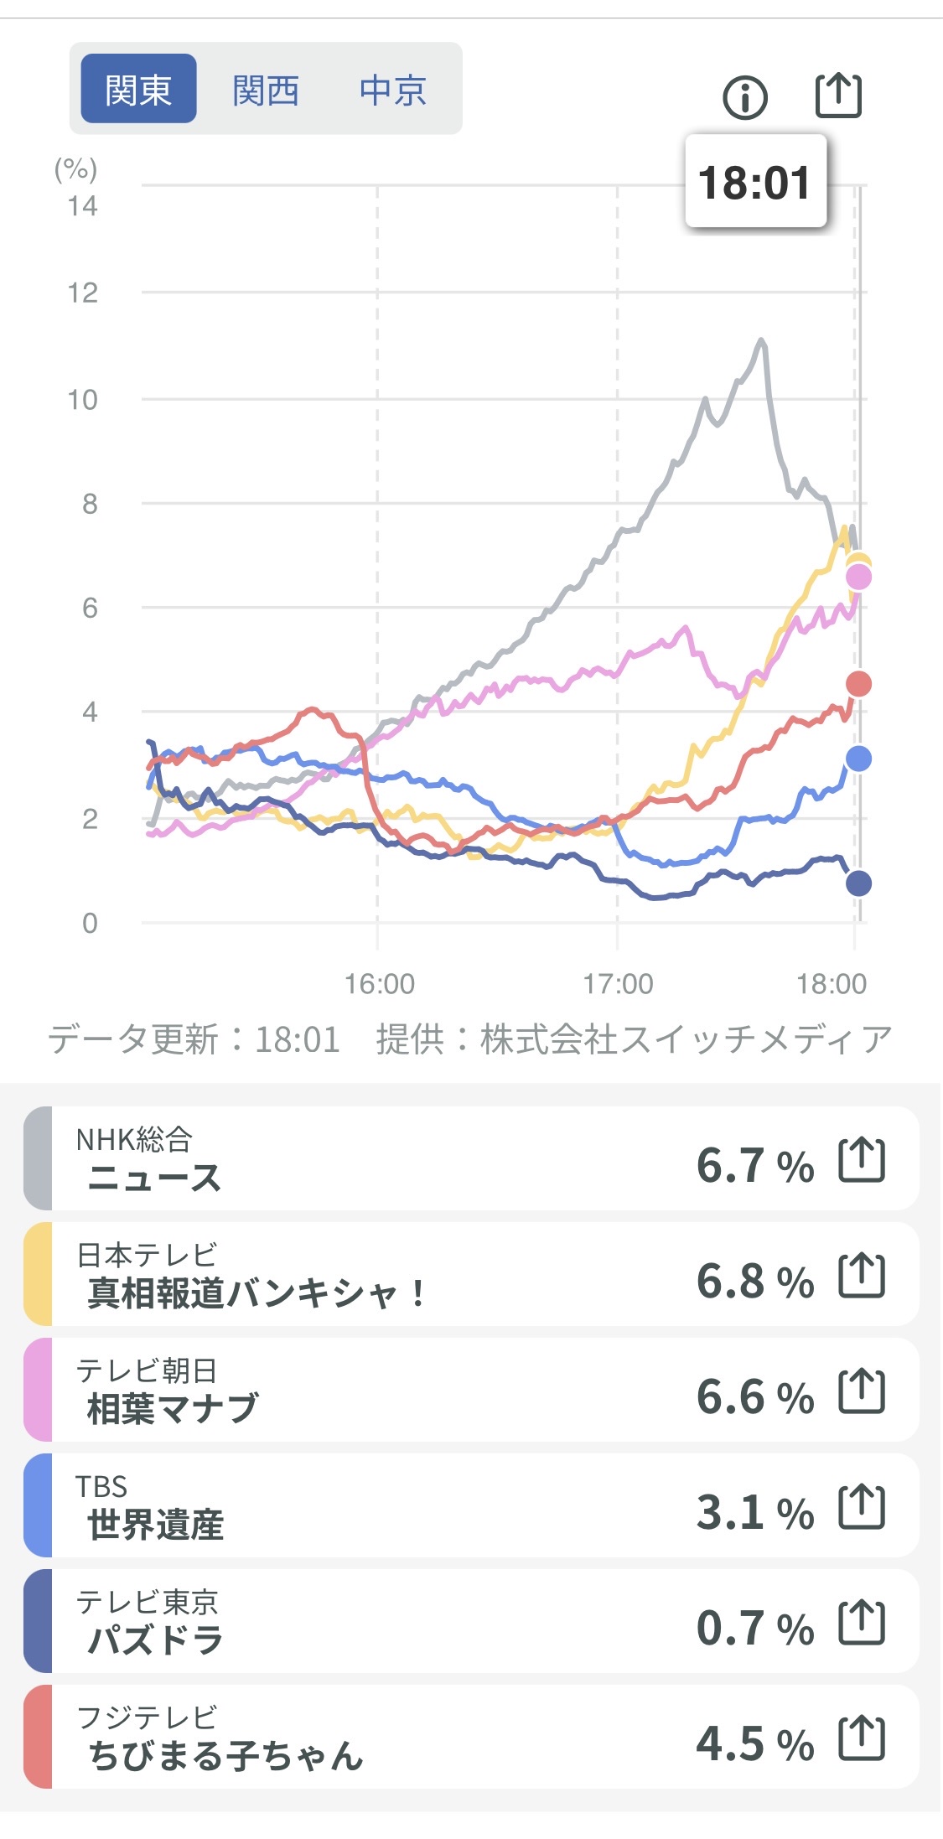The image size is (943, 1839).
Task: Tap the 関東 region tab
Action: tap(138, 89)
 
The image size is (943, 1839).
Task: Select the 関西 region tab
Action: tap(266, 90)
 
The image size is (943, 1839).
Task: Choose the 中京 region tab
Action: tap(393, 90)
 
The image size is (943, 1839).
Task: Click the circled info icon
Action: tap(744, 97)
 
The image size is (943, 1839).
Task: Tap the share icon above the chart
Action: tap(838, 95)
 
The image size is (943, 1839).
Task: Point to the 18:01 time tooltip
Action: tap(755, 182)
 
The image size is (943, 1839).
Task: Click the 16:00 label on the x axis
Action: tap(380, 983)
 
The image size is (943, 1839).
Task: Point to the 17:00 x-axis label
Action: tap(618, 983)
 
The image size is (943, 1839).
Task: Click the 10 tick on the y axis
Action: tap(83, 400)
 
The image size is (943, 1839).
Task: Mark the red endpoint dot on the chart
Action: tap(858, 684)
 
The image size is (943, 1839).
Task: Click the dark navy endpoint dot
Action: tap(858, 883)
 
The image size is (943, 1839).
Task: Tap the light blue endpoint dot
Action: tap(858, 759)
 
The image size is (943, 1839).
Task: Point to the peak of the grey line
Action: tap(761, 340)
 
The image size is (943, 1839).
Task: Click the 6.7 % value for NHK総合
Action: tap(754, 1165)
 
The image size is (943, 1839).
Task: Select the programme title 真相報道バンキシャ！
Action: tap(256, 1292)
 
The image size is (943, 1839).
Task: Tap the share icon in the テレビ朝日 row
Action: tap(862, 1391)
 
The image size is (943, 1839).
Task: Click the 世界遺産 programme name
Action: tap(156, 1524)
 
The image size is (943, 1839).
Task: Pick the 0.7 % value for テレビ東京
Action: tap(754, 1628)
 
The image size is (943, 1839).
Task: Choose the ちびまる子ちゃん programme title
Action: tap(225, 1755)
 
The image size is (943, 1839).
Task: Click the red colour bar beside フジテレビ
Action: tap(38, 1737)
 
